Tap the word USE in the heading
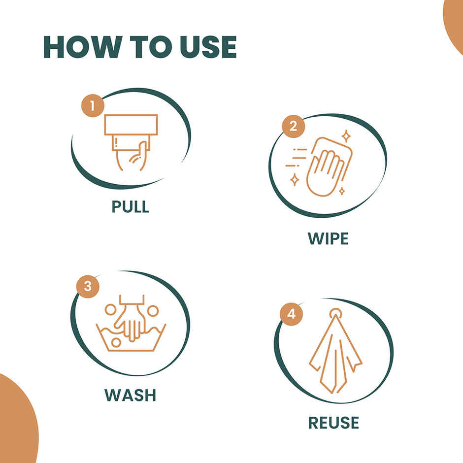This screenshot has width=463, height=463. click(208, 47)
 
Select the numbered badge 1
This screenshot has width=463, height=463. click(93, 106)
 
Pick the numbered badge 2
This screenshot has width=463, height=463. click(293, 127)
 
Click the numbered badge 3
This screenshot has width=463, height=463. click(88, 287)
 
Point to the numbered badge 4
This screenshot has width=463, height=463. click(292, 314)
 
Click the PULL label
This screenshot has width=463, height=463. click(130, 206)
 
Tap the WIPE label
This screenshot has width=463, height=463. click(328, 238)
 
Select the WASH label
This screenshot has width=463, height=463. click(130, 395)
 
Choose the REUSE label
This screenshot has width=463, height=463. click(333, 423)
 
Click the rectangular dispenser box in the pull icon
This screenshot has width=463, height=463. click(131, 125)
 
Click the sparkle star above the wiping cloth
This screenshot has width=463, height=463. click(346, 136)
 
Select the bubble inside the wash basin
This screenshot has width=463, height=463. click(116, 342)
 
